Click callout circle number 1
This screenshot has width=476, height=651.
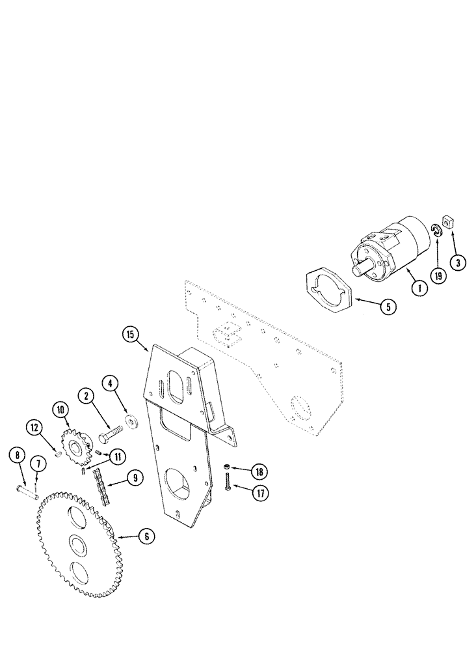coord(419,287)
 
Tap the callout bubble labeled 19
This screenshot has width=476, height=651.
coord(438,275)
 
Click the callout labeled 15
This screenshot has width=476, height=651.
coord(131,335)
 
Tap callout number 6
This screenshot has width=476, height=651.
coord(146,536)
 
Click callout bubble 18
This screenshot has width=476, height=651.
coord(259,471)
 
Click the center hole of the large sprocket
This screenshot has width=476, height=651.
coord(77,545)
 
